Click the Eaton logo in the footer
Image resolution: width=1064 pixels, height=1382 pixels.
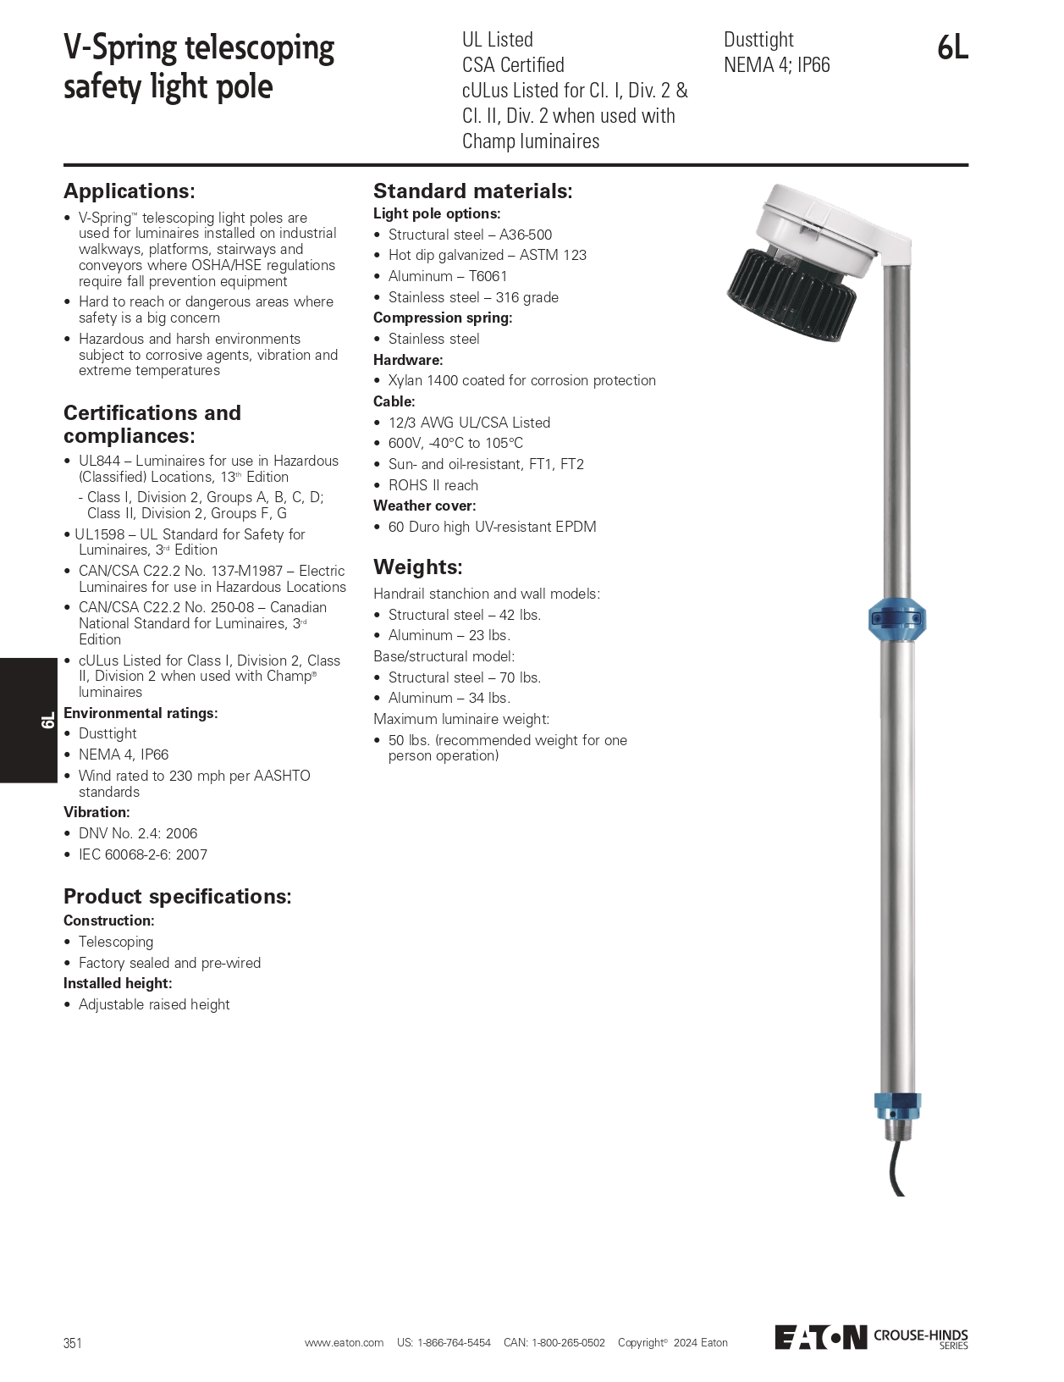pos(821,1337)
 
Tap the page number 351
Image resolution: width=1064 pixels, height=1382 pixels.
pos(73,1343)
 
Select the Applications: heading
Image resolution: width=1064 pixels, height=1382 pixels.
pos(130,191)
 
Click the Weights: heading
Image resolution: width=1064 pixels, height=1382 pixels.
pos(418,567)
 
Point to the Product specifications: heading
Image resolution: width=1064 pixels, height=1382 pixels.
pos(178,897)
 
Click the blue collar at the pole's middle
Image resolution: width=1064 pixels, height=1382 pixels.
pos(897,621)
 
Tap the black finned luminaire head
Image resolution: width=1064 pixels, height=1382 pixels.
pos(791,293)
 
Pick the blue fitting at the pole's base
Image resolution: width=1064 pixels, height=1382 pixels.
pos(897,1105)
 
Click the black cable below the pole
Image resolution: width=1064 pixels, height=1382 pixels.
pos(896,1169)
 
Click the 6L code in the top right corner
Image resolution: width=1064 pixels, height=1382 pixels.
pos(952,48)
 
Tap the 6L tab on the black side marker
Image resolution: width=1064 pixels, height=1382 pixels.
pos(47,721)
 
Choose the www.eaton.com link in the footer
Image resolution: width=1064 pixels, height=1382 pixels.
pos(344,1343)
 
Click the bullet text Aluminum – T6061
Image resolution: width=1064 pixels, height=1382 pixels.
pos(447,276)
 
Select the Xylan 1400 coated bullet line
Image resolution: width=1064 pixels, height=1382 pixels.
pos(521,381)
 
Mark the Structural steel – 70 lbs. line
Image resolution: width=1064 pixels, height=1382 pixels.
pos(464,677)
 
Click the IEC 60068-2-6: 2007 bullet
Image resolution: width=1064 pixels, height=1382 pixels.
pos(142,855)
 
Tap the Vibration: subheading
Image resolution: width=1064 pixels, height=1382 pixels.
pos(96,812)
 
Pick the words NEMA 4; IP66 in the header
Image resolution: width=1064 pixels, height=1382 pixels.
pos(776,65)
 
